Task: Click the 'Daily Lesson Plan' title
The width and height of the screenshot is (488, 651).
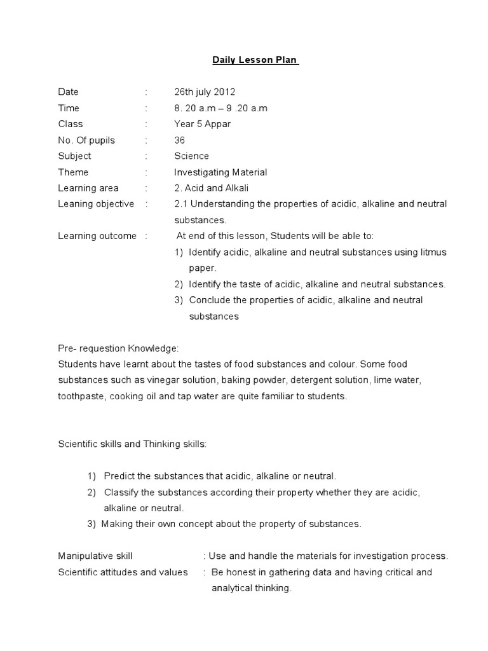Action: pos(255,60)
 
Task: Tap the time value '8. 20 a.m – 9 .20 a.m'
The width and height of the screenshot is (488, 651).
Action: pos(220,108)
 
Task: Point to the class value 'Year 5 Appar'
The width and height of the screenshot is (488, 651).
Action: pos(202,124)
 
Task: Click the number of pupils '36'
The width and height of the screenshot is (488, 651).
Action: pos(180,140)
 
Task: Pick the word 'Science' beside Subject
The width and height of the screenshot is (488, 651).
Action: pos(191,156)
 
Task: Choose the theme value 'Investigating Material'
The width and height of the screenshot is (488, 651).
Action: pos(220,172)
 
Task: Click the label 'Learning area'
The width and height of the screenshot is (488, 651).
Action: pos(88,188)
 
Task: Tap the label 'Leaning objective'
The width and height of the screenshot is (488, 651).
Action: pos(96,204)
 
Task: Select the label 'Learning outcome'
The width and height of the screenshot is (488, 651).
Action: pos(97,236)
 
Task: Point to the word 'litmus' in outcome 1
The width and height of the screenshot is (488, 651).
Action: pos(434,252)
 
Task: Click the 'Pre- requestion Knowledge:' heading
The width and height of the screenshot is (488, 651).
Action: pos(118,348)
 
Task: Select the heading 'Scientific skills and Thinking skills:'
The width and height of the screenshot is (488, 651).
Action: pos(132,444)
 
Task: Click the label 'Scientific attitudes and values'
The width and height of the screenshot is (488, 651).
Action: pos(123,572)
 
